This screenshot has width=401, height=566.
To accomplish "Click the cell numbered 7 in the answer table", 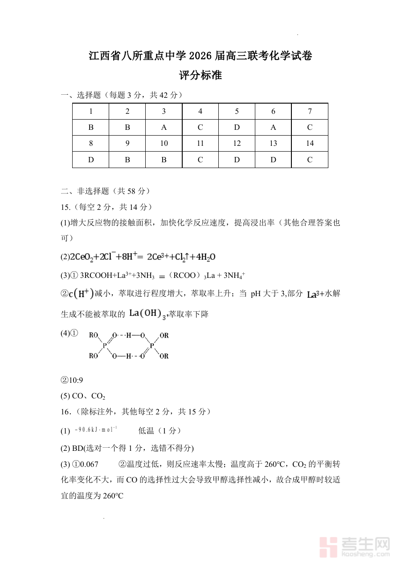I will click(310, 112).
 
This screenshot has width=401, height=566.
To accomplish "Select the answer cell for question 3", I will click(164, 128).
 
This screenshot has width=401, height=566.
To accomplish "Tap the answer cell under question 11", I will click(200, 160).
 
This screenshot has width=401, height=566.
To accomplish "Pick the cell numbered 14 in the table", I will click(310, 144).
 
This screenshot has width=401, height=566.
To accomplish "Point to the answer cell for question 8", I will click(91, 160).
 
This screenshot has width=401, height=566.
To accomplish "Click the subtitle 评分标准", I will click(200, 76).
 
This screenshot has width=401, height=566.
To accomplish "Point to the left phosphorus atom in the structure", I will click(105, 345).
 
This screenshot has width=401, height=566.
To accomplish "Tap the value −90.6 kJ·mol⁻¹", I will click(96, 430).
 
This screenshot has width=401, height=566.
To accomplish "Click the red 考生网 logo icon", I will click(330, 546).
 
